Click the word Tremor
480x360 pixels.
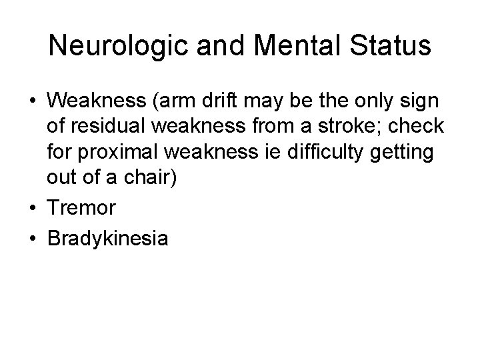[x=81, y=208]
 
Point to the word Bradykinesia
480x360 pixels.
[x=108, y=238]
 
